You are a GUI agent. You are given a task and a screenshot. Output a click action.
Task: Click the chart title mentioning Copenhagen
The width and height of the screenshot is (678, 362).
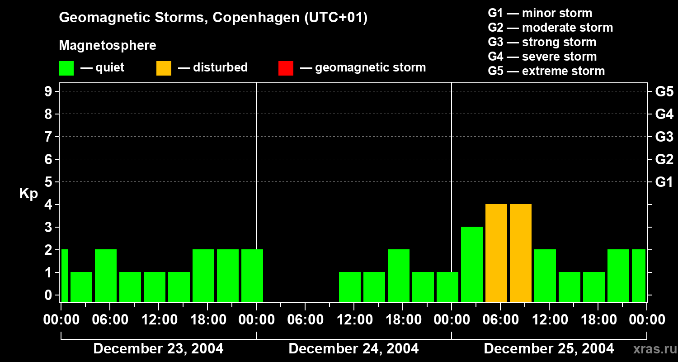tap(213, 18)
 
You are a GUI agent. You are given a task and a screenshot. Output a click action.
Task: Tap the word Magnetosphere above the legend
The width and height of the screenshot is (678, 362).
tap(108, 46)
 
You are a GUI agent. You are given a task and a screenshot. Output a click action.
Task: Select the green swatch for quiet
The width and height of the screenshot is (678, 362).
tap(66, 68)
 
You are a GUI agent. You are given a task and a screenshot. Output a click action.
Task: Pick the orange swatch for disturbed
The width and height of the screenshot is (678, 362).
tap(164, 68)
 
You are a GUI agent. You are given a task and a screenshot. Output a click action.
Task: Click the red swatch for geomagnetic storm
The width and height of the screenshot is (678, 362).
tap(286, 68)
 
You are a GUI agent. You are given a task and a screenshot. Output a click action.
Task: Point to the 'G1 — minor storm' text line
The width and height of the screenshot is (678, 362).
tap(540, 13)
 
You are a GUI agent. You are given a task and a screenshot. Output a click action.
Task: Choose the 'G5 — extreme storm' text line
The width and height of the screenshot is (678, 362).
tap(546, 71)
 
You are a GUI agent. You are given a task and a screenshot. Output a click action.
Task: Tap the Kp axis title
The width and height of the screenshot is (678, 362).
tap(28, 194)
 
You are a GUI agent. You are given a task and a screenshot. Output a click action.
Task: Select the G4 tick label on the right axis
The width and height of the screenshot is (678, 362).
tap(664, 114)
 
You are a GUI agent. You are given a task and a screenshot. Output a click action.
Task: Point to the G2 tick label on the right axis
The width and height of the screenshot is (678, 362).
tap(664, 159)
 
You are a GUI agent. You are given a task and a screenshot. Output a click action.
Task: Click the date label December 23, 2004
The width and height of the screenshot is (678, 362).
tap(158, 349)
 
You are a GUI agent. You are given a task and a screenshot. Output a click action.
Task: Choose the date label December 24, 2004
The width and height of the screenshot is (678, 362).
tap(353, 349)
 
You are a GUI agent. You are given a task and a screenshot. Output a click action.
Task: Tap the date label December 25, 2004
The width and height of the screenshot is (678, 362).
tap(549, 349)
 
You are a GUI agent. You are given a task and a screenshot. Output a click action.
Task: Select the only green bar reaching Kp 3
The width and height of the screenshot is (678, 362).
tap(472, 264)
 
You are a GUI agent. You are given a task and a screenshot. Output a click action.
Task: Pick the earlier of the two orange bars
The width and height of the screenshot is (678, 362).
tap(496, 253)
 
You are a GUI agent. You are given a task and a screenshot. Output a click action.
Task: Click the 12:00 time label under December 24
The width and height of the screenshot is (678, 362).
tap(353, 320)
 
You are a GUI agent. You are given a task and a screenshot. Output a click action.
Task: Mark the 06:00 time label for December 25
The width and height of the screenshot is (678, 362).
tap(500, 320)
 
